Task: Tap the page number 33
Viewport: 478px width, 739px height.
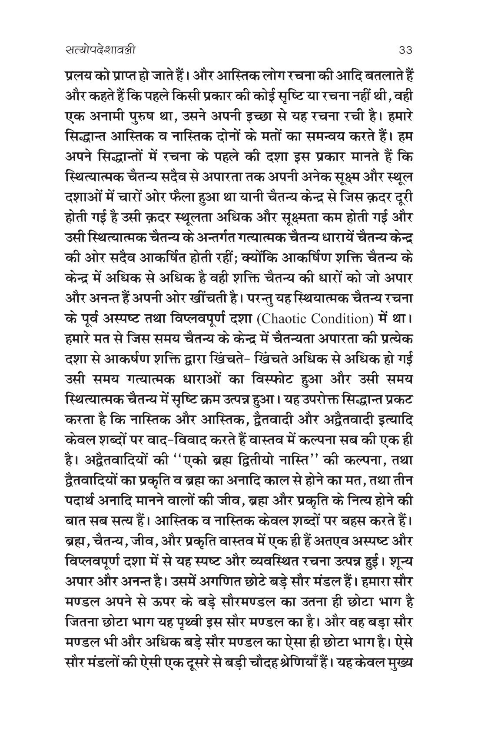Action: point(405,50)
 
